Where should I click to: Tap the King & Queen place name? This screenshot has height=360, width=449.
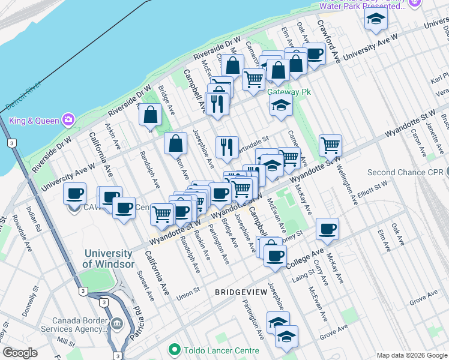tap(34, 121)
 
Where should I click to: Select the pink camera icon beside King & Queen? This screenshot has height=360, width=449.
tap(69, 120)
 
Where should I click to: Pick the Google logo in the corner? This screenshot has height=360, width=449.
tap(20, 353)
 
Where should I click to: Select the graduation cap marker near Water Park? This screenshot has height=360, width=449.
tap(376, 19)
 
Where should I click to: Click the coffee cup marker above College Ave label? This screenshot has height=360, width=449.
tap(275, 255)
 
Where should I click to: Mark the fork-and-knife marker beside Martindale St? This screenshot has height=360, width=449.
tap(227, 147)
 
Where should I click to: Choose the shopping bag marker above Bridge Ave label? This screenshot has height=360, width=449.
tap(150, 115)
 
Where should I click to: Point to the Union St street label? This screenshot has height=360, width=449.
tap(188, 296)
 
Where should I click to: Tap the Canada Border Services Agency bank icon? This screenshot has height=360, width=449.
tap(116, 324)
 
